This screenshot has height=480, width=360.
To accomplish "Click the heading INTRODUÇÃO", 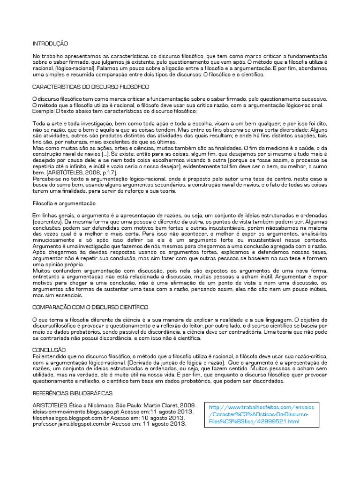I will [x=50, y=44].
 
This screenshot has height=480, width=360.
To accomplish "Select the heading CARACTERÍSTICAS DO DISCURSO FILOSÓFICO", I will [x=90, y=87].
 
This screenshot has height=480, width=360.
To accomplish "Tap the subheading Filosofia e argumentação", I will [x=64, y=204].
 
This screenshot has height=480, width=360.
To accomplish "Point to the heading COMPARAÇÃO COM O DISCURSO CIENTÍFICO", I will [x=90, y=307].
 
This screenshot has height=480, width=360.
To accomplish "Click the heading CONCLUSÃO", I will [x=49, y=350].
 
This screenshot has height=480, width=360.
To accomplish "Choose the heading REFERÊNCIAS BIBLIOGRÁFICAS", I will [x=72, y=393].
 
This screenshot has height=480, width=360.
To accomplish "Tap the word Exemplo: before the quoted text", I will [x=44, y=111].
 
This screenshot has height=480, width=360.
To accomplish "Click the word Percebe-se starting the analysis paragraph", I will [x=45, y=180].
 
